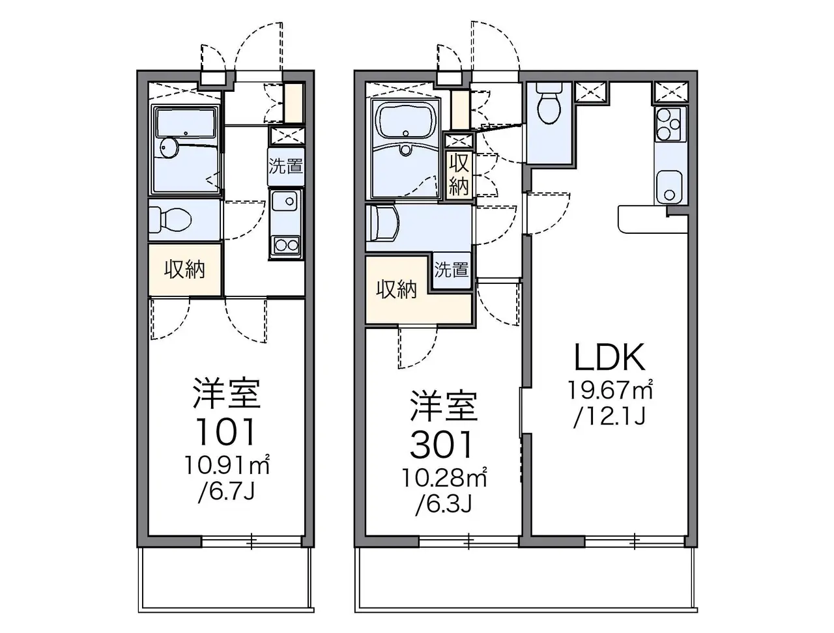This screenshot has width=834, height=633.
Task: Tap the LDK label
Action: [610, 357]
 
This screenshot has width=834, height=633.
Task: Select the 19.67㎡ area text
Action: [611, 389]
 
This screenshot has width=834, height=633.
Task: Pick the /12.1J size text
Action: [609, 417]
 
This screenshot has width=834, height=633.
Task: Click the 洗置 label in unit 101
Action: [286, 166]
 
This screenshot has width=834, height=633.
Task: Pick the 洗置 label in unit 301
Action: [452, 270]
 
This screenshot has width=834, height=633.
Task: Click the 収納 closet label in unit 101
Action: [184, 270]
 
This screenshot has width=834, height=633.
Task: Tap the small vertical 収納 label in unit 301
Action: [459, 175]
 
